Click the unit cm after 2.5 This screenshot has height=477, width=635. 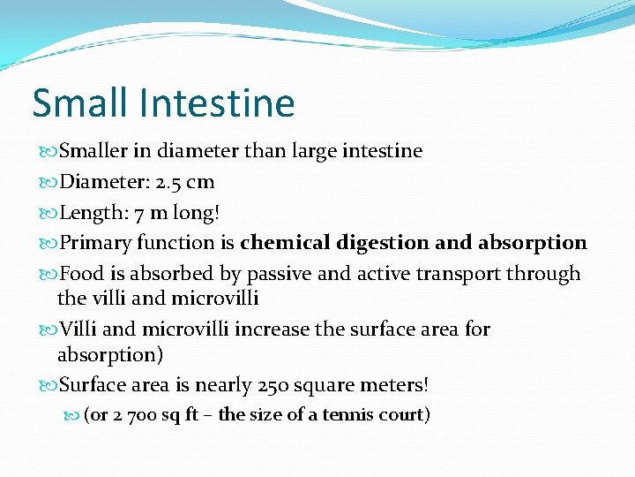(x=200, y=182)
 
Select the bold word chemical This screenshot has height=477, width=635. (x=283, y=243)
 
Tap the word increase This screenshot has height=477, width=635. (x=267, y=329)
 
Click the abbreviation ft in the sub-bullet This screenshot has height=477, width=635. (x=191, y=414)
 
